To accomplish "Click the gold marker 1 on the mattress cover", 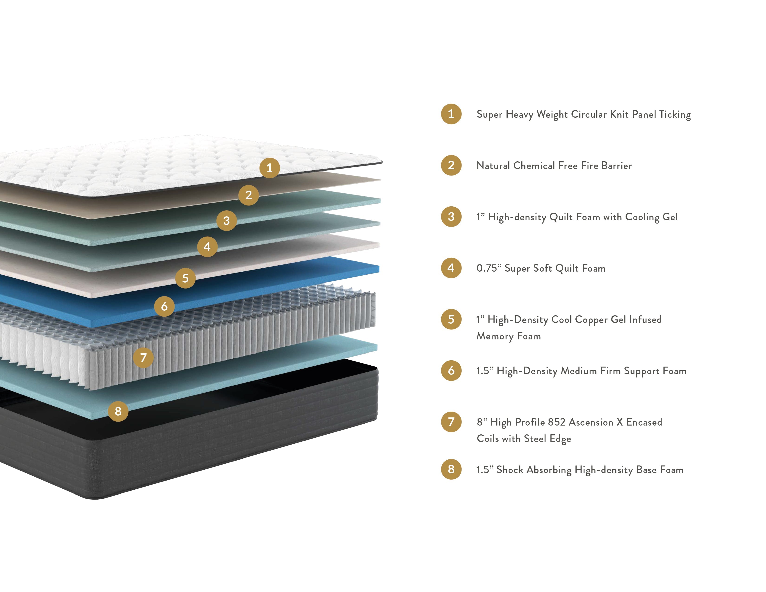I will point(269,168).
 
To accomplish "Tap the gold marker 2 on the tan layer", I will point(248,195).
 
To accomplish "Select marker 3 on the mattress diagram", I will point(227,221).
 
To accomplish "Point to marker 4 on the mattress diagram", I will point(207,247).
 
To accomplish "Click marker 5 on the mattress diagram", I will point(185,278).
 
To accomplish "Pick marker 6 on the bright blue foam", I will point(164,306).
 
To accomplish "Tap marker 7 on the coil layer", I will point(143,358).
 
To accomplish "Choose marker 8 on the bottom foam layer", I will point(118,411).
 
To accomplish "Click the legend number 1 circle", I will point(451,114).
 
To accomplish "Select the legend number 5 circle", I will point(451,319).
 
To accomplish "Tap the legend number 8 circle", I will point(451,469).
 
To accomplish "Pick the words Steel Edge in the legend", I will point(547,439).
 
